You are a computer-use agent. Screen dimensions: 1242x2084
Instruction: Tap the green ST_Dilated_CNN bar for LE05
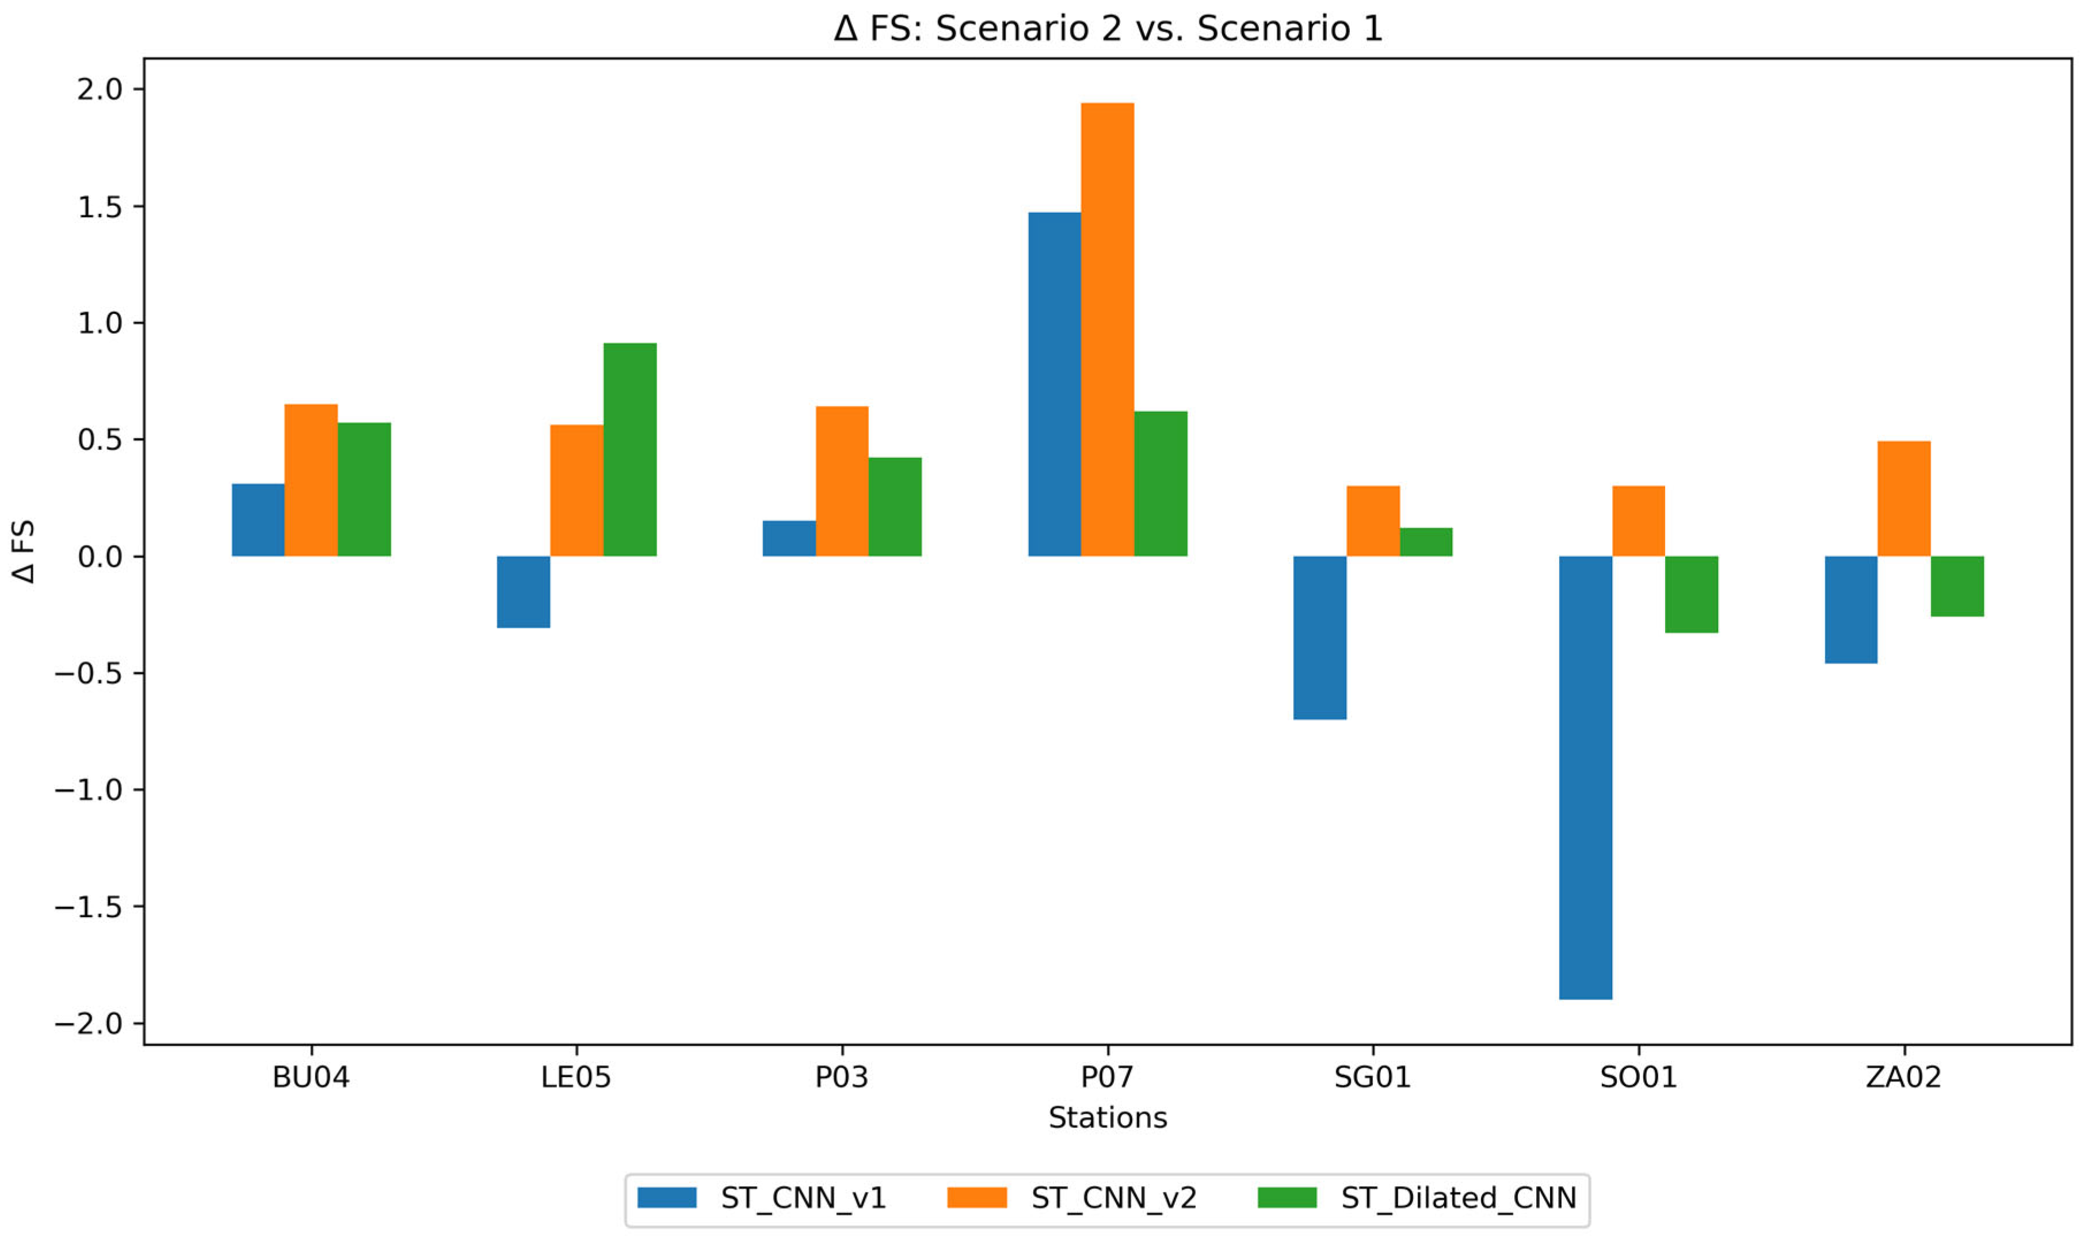pos(629,450)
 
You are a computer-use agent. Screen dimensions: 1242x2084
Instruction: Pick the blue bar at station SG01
pos(1319,638)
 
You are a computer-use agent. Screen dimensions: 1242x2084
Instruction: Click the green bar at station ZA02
pos(1957,586)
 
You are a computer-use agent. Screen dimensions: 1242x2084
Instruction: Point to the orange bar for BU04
pos(311,480)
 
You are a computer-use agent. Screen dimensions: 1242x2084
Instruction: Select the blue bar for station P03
pos(789,538)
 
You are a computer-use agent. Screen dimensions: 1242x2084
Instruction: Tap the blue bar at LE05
pos(524,592)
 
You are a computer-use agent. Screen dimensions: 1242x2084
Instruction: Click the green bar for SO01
pos(1692,594)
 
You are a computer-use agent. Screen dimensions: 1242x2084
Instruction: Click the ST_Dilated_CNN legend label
pos(1458,1198)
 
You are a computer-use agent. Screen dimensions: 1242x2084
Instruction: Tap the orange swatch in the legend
pos(976,1198)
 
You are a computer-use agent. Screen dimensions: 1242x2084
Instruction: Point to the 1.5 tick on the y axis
pos(100,208)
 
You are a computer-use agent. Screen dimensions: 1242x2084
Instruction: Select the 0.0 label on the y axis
pos(100,557)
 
